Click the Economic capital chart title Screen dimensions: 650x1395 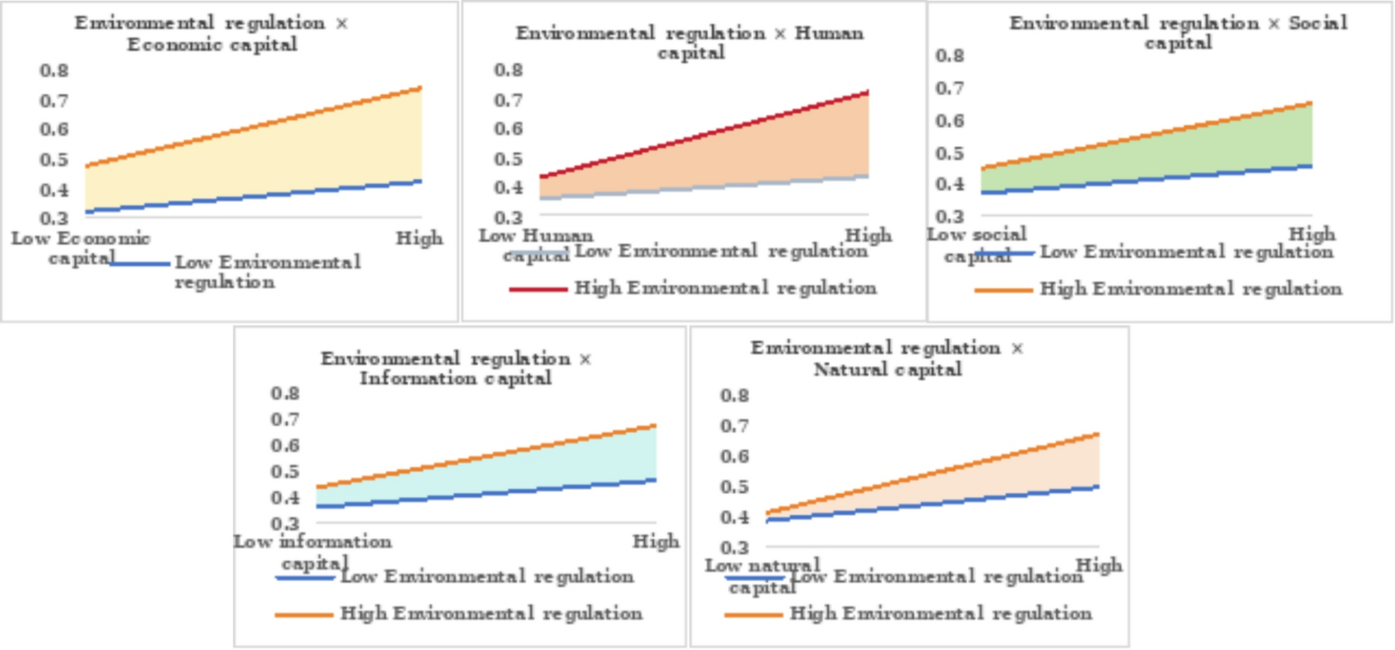click(x=212, y=34)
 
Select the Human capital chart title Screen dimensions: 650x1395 click(x=689, y=43)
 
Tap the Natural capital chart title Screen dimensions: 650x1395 click(x=887, y=358)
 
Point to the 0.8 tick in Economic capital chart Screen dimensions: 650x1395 click(x=54, y=70)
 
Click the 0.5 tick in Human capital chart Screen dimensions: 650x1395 click(x=508, y=159)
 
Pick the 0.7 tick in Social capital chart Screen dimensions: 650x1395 click(x=949, y=89)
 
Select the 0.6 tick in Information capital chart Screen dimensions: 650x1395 click(x=285, y=446)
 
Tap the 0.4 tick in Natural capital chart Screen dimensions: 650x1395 click(x=734, y=517)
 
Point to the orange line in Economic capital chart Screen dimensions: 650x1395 click(x=253, y=127)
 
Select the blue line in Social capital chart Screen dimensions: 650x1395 click(x=1144, y=179)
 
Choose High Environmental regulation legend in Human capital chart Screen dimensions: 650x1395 click(x=725, y=288)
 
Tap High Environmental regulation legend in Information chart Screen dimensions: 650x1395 click(x=491, y=613)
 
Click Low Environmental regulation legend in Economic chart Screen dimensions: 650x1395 click(x=267, y=272)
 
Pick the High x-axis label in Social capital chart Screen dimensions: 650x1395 click(x=1311, y=234)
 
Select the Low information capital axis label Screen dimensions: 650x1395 click(x=313, y=552)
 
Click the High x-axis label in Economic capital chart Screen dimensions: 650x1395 click(x=419, y=238)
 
